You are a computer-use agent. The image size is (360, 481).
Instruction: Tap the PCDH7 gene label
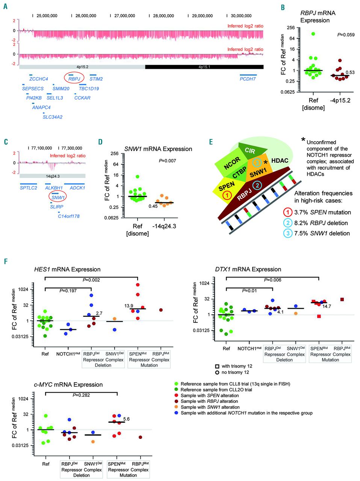click(248, 79)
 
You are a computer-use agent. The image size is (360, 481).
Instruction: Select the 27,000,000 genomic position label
click(124, 16)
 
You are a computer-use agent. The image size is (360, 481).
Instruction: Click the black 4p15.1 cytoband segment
click(204, 67)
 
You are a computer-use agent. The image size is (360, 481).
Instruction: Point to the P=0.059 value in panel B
click(345, 35)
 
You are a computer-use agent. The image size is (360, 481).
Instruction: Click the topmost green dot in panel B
click(313, 34)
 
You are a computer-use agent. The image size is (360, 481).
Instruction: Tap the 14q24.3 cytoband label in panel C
click(52, 175)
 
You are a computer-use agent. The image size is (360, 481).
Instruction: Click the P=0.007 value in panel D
click(167, 161)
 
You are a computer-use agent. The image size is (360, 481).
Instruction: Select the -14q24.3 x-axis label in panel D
click(164, 227)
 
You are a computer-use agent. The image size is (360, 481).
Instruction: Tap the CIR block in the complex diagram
click(250, 151)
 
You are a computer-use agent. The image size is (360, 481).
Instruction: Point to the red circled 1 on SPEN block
click(227, 195)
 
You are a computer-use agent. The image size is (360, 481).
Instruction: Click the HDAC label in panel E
click(280, 160)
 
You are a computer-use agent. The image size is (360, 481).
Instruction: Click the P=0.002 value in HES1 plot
click(91, 280)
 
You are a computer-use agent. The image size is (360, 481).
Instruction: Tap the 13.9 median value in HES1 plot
click(129, 306)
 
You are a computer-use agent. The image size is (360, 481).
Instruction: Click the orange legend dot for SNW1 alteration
click(176, 407)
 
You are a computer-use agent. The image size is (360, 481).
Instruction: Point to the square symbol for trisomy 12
click(217, 366)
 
